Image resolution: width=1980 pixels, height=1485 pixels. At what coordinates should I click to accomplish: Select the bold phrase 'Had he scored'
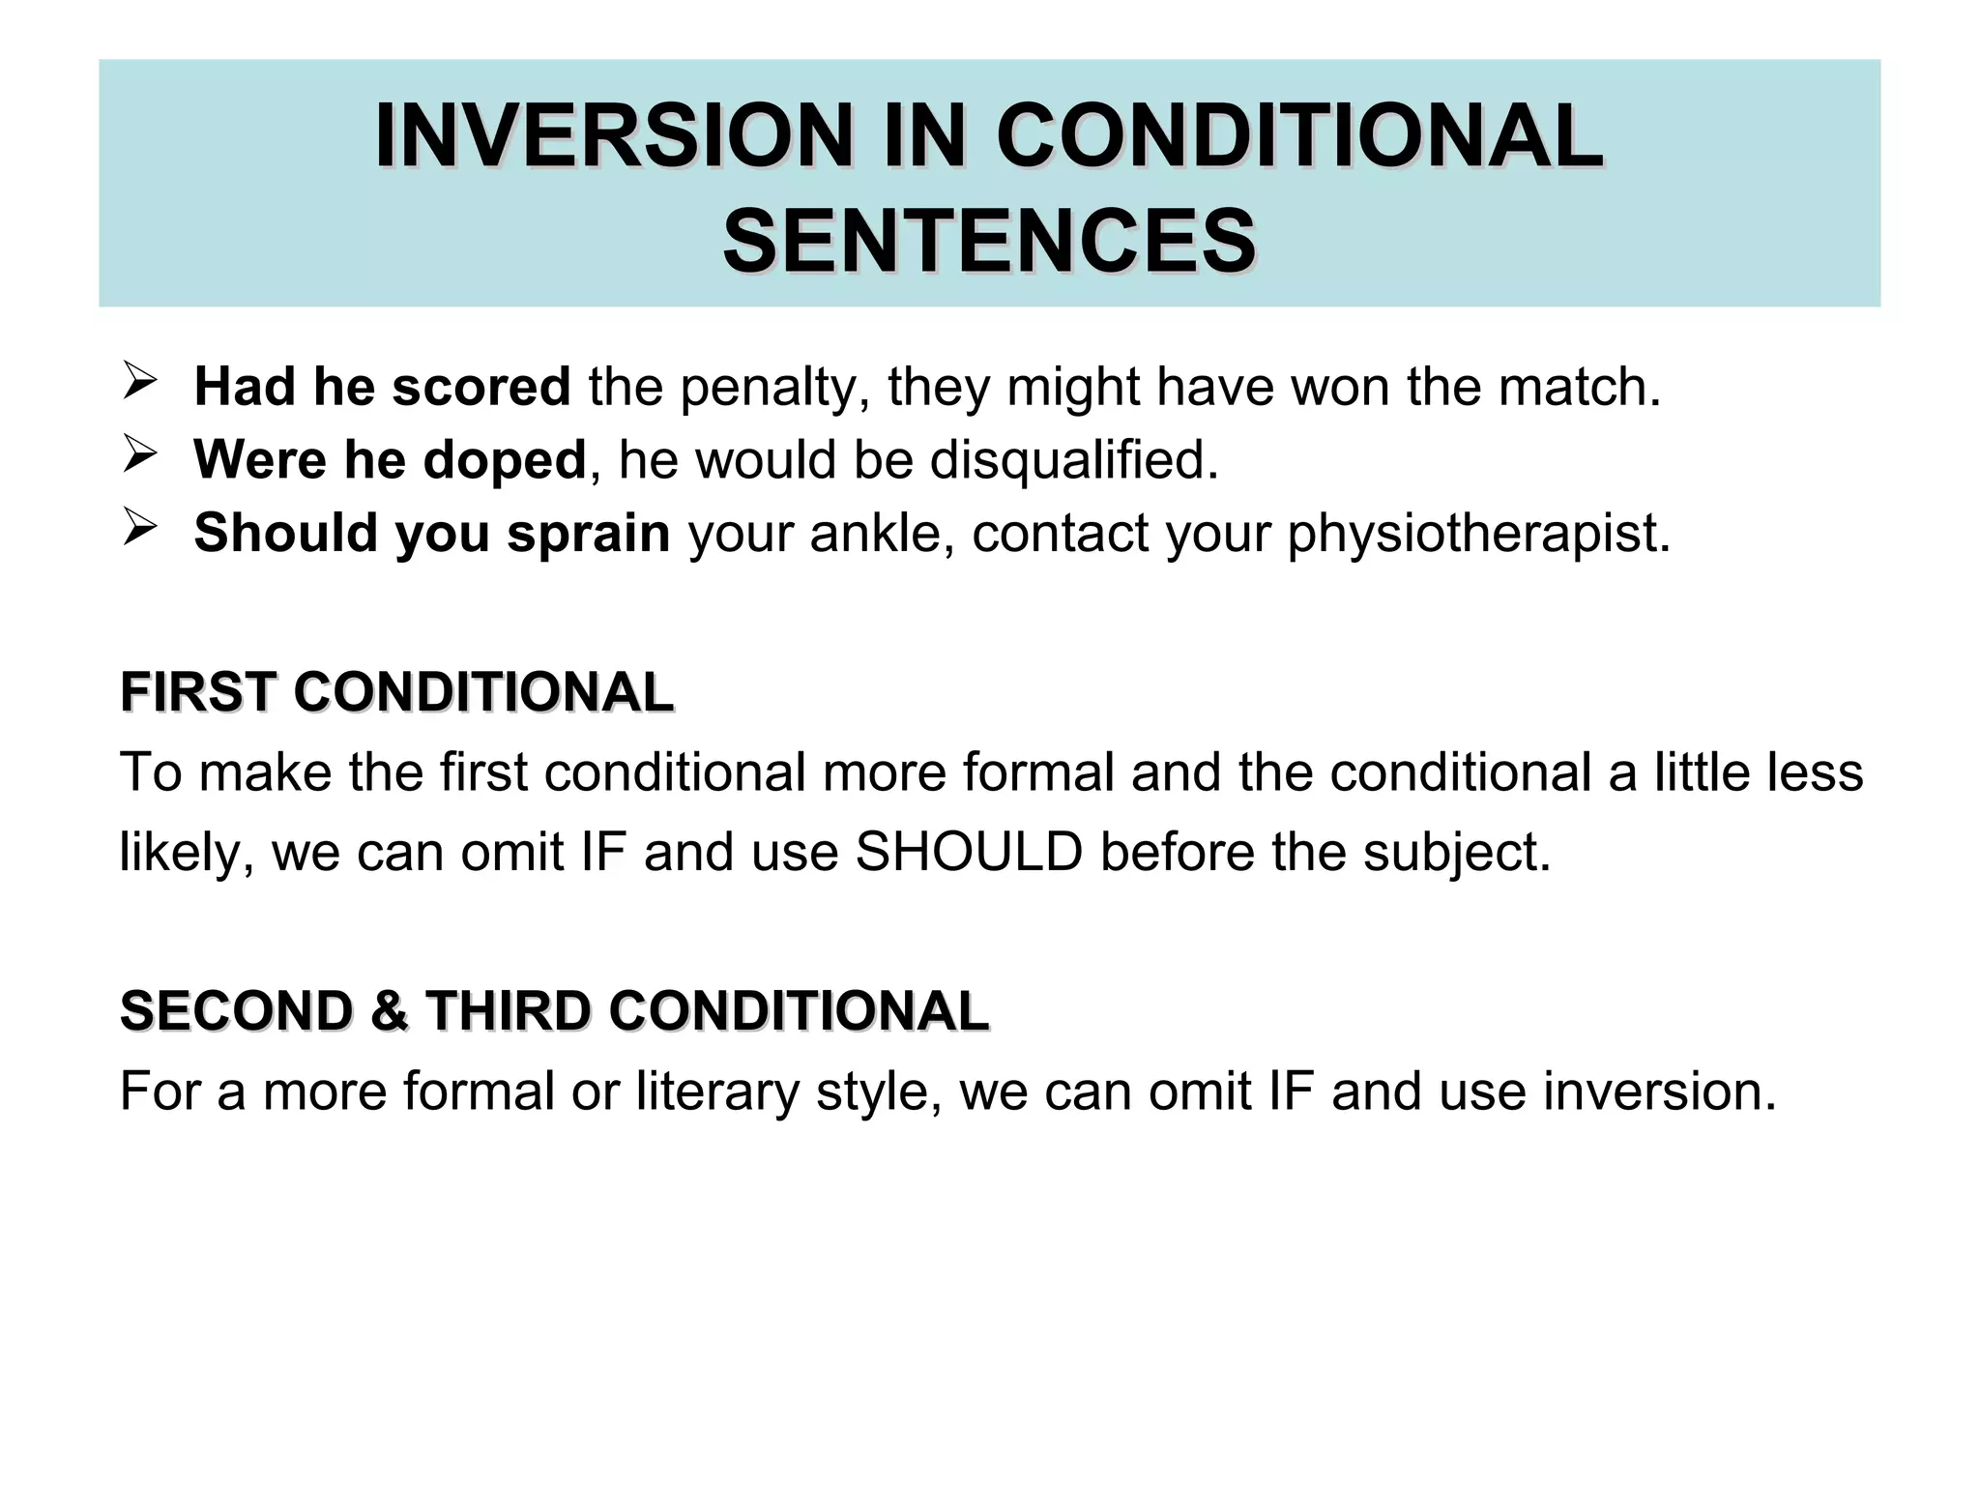pos(382,387)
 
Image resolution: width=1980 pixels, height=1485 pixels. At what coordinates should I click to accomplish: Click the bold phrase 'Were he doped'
pos(390,459)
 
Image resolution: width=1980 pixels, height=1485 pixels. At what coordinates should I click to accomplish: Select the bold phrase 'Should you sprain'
pos(431,533)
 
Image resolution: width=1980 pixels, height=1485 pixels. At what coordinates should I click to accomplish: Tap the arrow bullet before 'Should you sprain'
pos(140,528)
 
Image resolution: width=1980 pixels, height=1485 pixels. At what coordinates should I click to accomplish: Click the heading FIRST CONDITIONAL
pos(396,692)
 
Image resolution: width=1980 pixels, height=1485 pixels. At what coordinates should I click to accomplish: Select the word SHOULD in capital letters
pos(969,852)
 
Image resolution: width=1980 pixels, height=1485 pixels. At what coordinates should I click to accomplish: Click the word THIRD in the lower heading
pos(508,1011)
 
